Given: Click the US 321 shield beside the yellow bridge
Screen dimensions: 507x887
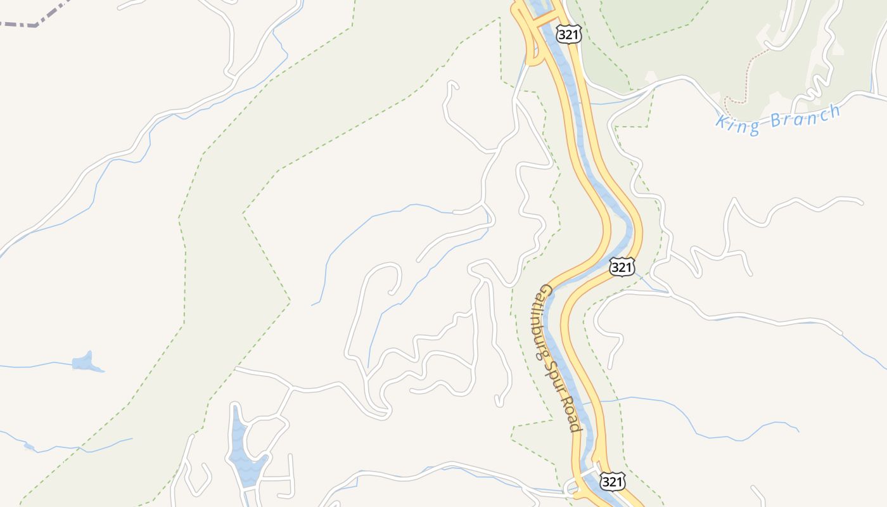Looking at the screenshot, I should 568,34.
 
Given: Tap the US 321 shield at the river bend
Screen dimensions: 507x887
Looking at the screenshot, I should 622,267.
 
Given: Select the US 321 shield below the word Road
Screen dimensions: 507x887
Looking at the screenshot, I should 613,482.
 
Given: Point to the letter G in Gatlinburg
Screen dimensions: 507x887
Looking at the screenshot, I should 546,292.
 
